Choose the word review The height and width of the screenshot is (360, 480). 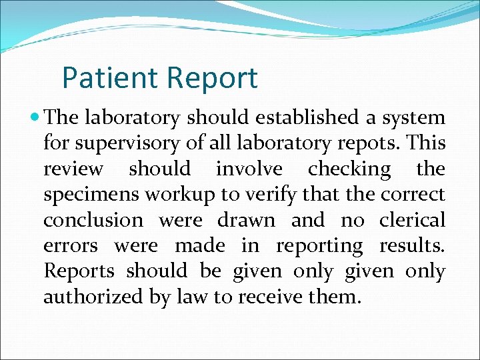73,169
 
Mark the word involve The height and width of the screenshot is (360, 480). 249,169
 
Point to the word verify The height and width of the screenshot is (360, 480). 259,195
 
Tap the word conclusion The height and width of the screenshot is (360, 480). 93,219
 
